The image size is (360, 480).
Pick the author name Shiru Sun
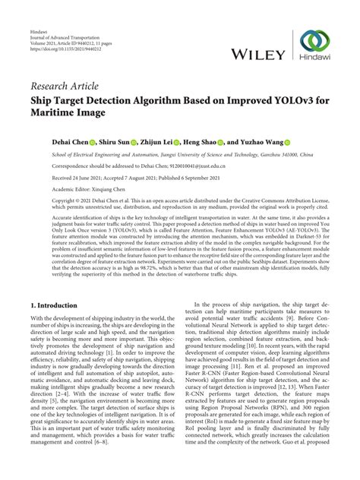pyautogui.click(x=115, y=142)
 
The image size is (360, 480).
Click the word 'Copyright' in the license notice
pyautogui.click(x=45, y=201)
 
